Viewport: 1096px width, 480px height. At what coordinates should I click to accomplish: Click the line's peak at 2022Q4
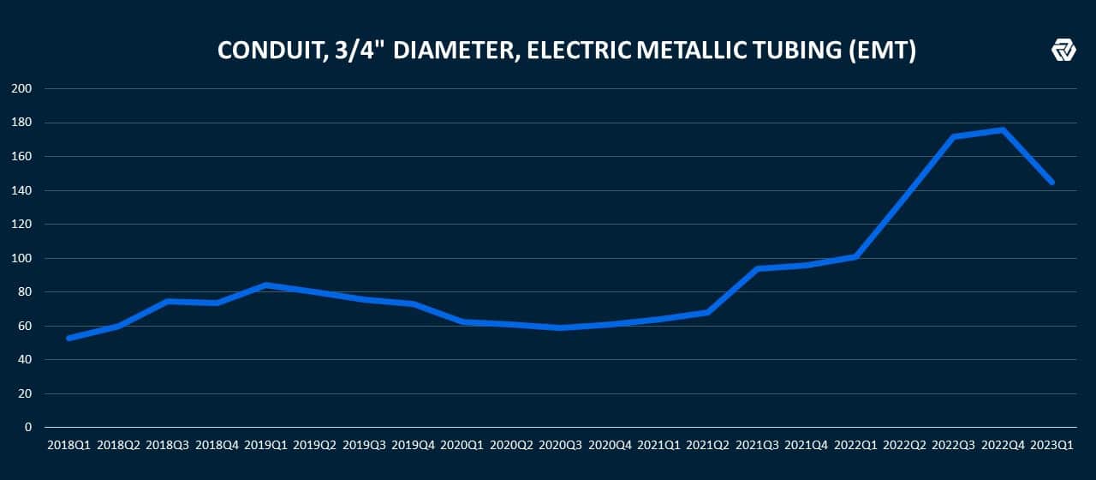click(1002, 130)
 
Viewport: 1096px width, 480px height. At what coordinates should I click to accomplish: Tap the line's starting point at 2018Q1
click(68, 338)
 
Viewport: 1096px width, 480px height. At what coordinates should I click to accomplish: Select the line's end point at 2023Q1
click(1051, 182)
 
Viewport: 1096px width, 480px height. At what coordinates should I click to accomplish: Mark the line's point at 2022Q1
click(855, 256)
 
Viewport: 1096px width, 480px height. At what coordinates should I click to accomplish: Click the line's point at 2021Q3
click(757, 268)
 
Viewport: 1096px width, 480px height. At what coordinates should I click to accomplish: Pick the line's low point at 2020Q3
click(560, 327)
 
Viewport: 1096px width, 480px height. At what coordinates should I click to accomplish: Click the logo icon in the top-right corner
click(1063, 51)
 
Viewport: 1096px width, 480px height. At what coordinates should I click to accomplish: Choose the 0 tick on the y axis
click(28, 427)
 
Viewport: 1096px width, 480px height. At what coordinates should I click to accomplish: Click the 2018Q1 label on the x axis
click(68, 446)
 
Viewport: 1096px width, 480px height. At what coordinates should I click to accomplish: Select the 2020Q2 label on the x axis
click(511, 446)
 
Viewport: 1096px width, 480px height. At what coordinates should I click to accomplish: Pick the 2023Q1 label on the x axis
click(1051, 446)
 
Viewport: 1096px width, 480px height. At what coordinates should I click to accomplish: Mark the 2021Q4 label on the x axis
click(806, 446)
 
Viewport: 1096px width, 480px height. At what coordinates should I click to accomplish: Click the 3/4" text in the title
click(352, 51)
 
